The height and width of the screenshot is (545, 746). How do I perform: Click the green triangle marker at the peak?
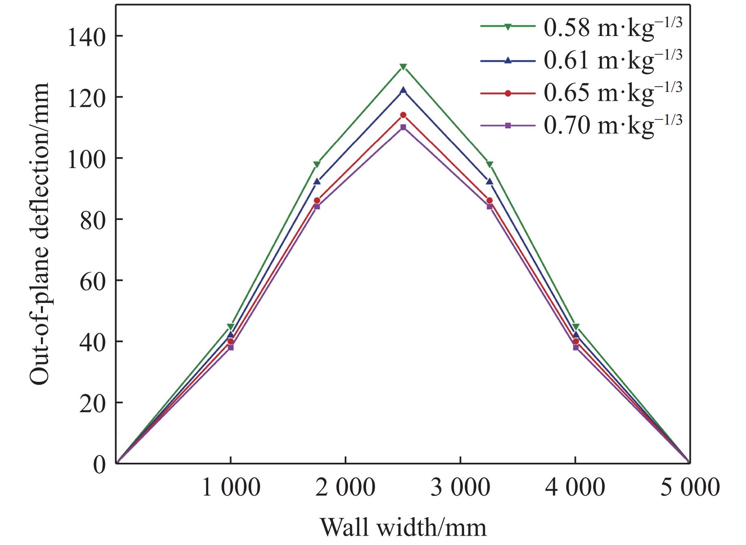tap(403, 67)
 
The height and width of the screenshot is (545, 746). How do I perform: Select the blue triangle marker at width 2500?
tap(403, 90)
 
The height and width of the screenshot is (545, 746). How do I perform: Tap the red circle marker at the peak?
tap(403, 115)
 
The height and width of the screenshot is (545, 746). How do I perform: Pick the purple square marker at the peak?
tap(403, 127)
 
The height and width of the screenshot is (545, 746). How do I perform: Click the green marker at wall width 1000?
tap(230, 327)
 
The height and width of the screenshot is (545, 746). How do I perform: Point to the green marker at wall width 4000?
tap(575, 327)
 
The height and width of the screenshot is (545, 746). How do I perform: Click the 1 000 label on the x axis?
tap(230, 487)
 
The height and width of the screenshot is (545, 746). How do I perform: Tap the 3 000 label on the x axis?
tap(460, 487)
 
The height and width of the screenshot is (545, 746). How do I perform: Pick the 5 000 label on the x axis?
tap(690, 487)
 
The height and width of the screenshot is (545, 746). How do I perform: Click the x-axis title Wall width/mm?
tap(403, 528)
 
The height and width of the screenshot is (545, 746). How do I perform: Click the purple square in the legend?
tap(508, 126)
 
